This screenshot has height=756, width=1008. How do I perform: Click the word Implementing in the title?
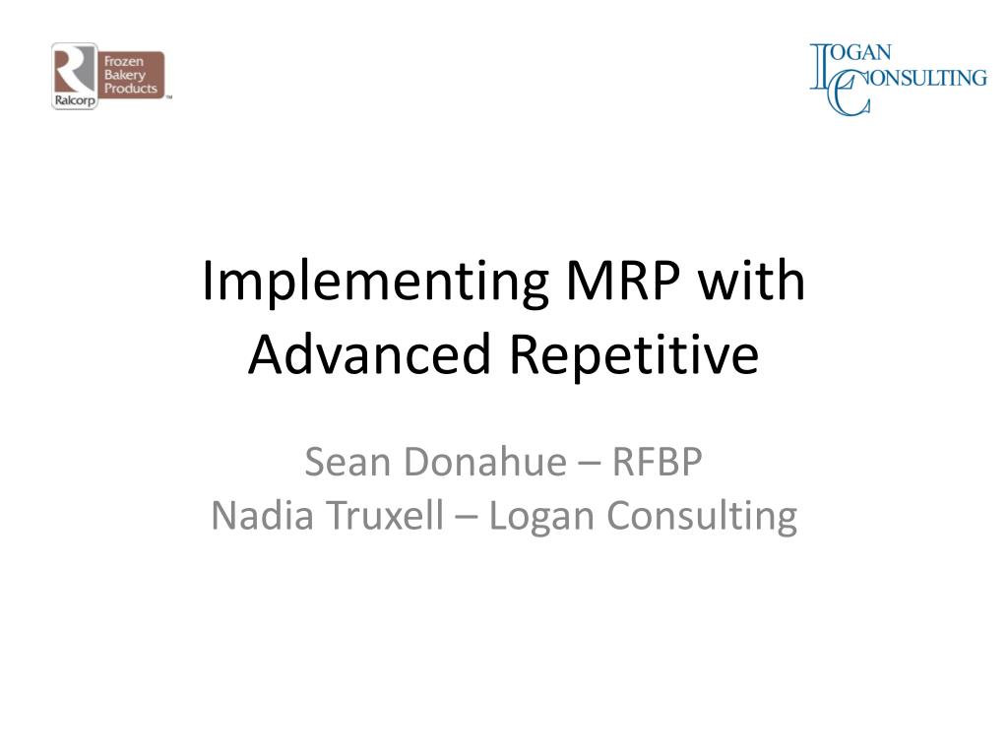(375, 283)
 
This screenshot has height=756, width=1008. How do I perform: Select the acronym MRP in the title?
(622, 281)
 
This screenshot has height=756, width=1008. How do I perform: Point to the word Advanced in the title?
(370, 353)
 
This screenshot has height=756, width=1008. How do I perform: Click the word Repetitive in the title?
(635, 356)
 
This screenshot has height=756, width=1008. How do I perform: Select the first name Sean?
(347, 462)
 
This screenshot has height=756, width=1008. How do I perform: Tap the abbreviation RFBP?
(657, 462)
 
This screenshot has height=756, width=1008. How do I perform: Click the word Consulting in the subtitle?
(701, 518)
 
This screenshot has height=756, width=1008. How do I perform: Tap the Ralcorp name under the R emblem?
(75, 100)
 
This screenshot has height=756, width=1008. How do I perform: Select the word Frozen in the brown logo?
(124, 62)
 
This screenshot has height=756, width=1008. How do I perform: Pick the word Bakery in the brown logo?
(125, 75)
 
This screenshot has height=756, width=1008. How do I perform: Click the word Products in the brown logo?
(131, 88)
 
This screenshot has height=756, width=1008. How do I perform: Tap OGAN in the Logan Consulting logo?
(860, 53)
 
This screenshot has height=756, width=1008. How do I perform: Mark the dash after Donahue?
(590, 465)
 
